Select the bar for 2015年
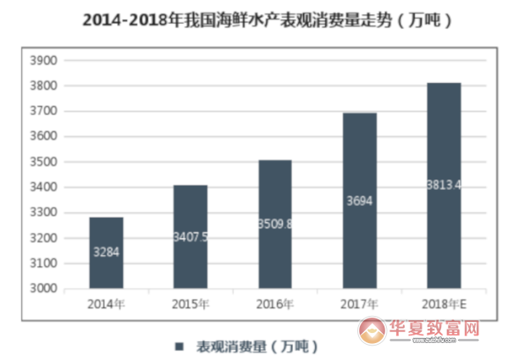click(190, 236)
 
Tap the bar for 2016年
click(274, 224)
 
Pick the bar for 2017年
click(359, 201)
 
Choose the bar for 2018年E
click(444, 186)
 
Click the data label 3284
click(106, 252)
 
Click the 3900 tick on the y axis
click(43, 61)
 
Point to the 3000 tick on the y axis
click(43, 289)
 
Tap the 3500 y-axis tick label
click(43, 162)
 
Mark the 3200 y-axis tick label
click(43, 238)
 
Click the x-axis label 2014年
click(106, 303)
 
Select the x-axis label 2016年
click(274, 303)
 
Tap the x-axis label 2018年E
click(444, 303)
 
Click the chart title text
click(254, 21)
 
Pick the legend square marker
click(179, 346)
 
